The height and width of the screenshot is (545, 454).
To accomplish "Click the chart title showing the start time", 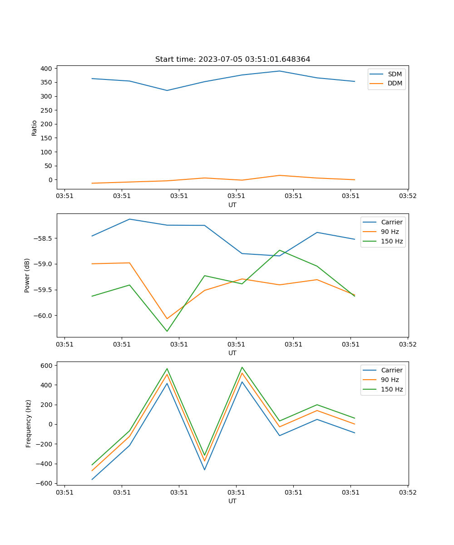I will point(232,59).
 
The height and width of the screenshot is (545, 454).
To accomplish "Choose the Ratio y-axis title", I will point(35,128).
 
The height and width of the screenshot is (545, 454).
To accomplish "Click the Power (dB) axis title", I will point(27,275).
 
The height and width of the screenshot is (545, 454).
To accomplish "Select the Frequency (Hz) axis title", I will point(29,423).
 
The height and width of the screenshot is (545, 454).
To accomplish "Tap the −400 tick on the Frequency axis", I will point(45,464).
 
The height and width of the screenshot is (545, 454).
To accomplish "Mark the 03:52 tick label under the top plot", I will point(407,196).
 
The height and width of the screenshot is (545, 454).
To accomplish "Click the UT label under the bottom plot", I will point(232,501).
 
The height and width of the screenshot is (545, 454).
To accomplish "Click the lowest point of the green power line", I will point(167,331).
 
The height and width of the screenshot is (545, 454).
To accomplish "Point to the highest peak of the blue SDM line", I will point(280,71).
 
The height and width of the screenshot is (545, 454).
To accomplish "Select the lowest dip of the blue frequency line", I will point(92,480).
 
